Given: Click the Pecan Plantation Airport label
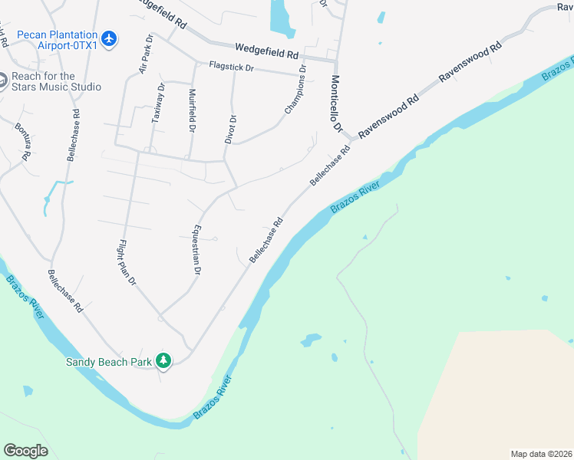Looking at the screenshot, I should (x=58, y=40).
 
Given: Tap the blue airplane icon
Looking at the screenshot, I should (x=110, y=38).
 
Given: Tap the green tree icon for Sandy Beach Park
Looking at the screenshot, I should (x=163, y=360).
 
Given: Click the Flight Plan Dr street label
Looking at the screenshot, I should (x=127, y=262).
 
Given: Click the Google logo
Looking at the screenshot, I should (x=25, y=450).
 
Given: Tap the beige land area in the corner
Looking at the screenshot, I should (x=499, y=395).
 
